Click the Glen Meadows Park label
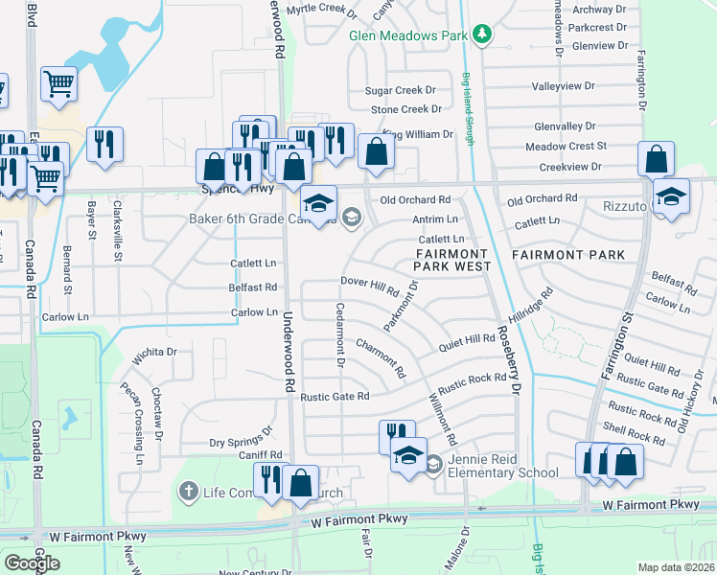pos(407,35)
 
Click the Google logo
pos(32,563)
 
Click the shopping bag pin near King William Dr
pos(376,150)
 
